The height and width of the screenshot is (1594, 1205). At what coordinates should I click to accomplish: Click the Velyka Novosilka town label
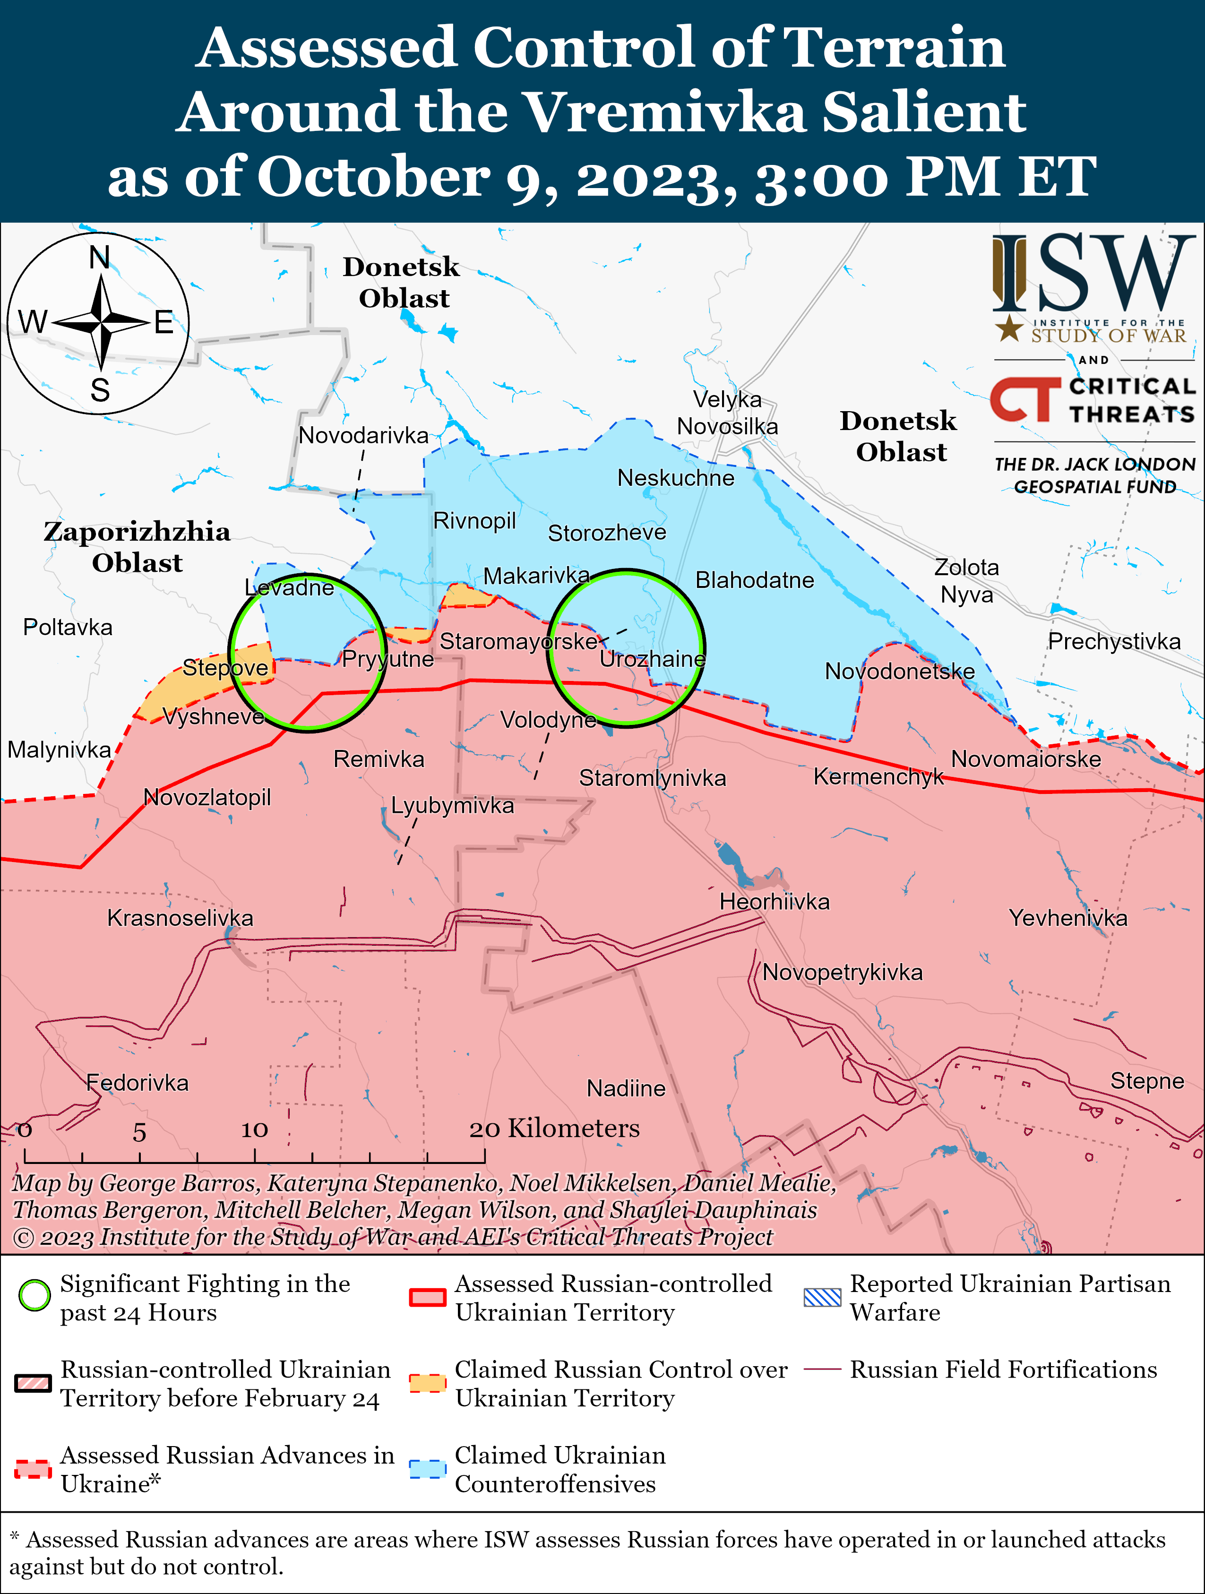pyautogui.click(x=727, y=413)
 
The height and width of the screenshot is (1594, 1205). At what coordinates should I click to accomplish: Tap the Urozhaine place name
pyautogui.click(x=652, y=659)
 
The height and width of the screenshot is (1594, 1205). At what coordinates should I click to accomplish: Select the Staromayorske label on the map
pyautogui.click(x=519, y=641)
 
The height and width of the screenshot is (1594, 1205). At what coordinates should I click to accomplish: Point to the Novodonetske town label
pyautogui.click(x=899, y=671)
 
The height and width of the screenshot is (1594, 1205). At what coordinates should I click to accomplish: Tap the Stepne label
pyautogui.click(x=1146, y=1080)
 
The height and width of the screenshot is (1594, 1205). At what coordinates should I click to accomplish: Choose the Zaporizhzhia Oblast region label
pyautogui.click(x=137, y=547)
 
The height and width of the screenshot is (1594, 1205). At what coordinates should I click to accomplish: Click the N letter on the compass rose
pyautogui.click(x=99, y=257)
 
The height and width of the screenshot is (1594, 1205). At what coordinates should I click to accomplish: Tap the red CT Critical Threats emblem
pyautogui.click(x=1025, y=399)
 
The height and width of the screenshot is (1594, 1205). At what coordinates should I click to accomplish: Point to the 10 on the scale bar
pyautogui.click(x=254, y=1130)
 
